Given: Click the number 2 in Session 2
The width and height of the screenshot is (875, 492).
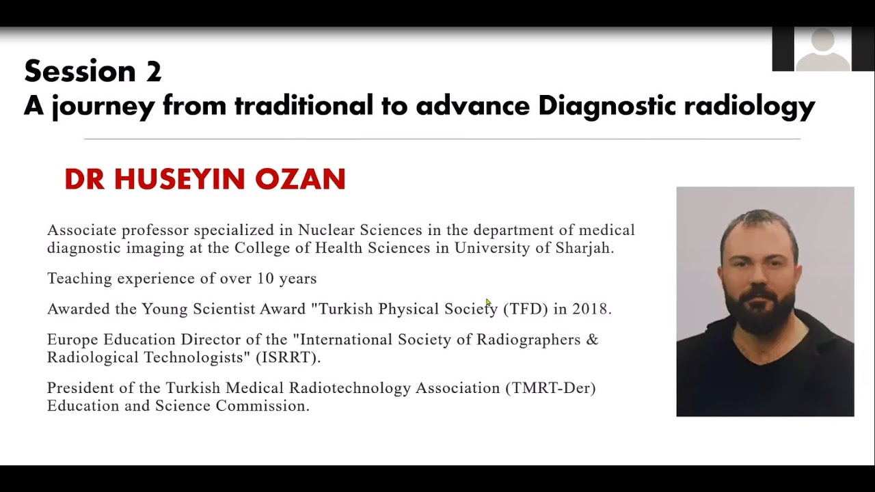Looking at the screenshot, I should coord(153,72).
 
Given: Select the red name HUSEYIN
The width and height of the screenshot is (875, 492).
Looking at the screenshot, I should coord(179,179).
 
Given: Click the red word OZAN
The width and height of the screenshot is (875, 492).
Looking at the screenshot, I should coord(300,179).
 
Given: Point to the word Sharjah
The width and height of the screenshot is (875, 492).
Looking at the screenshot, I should coord(587,248).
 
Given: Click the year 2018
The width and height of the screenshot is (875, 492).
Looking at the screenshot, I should coord(590,309).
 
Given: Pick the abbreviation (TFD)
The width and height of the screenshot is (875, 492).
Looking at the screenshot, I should coord(526,309).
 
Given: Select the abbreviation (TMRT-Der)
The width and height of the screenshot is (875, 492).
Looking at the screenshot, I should coord(550,388).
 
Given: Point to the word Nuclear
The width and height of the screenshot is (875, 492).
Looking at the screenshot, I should coord(323,230).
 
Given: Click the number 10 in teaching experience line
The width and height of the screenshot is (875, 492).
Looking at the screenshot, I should coord(265,279).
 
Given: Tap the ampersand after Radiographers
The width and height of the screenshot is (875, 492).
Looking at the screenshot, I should coord(592,340).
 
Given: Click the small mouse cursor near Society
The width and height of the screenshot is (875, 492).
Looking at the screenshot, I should coord(488,302).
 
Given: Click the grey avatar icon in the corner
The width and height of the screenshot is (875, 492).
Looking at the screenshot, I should coord(823,49).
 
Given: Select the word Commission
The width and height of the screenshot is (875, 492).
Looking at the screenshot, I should coord(262,406).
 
